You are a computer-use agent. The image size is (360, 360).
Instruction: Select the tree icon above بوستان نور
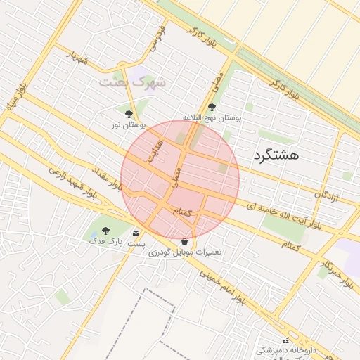click(129, 114)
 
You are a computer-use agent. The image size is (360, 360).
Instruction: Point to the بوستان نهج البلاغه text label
click(212, 118)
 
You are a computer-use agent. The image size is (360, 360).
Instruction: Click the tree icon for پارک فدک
click(106, 231)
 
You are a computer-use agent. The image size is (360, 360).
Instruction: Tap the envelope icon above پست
click(136, 233)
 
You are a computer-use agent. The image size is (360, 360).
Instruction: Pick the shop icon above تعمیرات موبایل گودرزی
click(184, 241)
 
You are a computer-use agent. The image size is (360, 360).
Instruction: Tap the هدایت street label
click(153, 150)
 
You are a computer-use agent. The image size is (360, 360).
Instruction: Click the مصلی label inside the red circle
click(178, 176)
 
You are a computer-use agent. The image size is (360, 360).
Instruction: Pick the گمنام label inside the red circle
click(191, 212)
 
